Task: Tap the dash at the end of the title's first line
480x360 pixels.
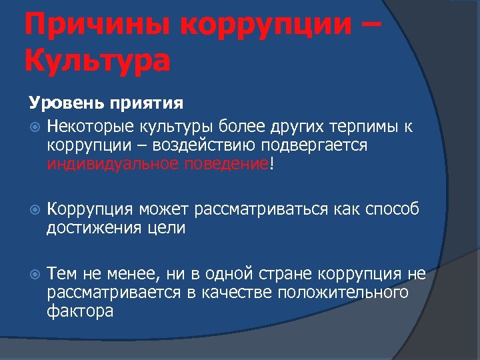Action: [372, 28]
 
